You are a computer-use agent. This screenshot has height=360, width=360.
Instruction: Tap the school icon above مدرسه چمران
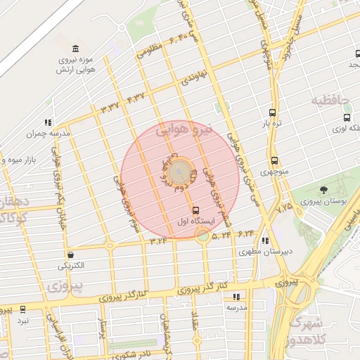coord(48,122)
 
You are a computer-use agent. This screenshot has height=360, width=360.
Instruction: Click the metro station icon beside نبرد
coord(23,309)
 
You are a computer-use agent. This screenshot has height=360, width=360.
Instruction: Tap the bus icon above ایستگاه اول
coord(195,210)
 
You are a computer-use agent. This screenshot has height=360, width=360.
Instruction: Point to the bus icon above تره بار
coord(272,112)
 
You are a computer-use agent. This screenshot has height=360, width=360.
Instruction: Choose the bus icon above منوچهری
coord(274,160)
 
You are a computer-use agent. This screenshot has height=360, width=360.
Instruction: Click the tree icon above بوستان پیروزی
coord(323,190)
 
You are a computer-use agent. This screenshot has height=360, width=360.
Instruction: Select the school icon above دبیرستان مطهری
coord(264,240)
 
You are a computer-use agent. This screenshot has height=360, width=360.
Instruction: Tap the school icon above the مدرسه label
coord(236,297)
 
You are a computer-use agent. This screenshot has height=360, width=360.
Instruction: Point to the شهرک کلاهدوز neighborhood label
coord(304,330)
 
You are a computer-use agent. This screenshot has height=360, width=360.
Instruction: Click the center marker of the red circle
coord(181,171)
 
